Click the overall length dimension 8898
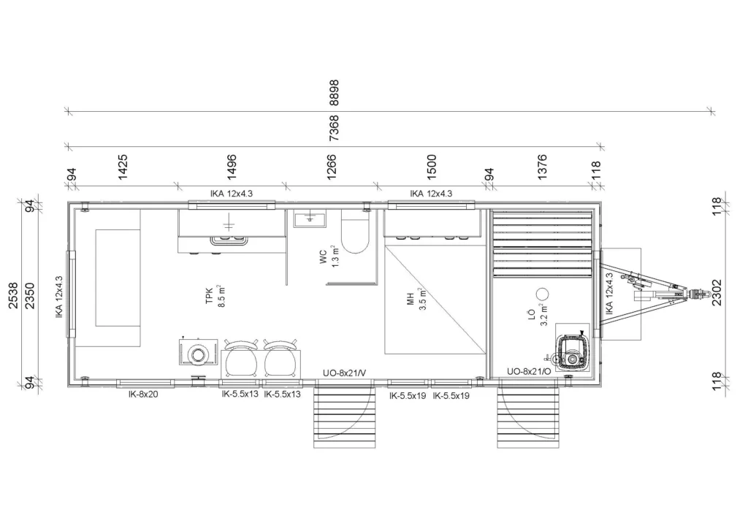click(x=334, y=93)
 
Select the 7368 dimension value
click(x=334, y=127)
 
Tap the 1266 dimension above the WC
click(x=331, y=167)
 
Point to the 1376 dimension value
click(x=542, y=167)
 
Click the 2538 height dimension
click(x=13, y=295)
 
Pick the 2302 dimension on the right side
click(x=717, y=292)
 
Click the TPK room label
click(x=210, y=296)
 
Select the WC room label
click(x=324, y=256)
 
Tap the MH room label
click(x=411, y=300)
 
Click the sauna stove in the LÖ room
click(x=573, y=351)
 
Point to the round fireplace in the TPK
click(x=197, y=355)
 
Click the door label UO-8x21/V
click(x=345, y=373)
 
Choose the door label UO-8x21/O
click(x=529, y=372)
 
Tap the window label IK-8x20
click(x=143, y=395)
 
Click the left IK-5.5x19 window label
click(x=408, y=396)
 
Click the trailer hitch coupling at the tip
click(x=698, y=294)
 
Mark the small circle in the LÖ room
click(x=542, y=294)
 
